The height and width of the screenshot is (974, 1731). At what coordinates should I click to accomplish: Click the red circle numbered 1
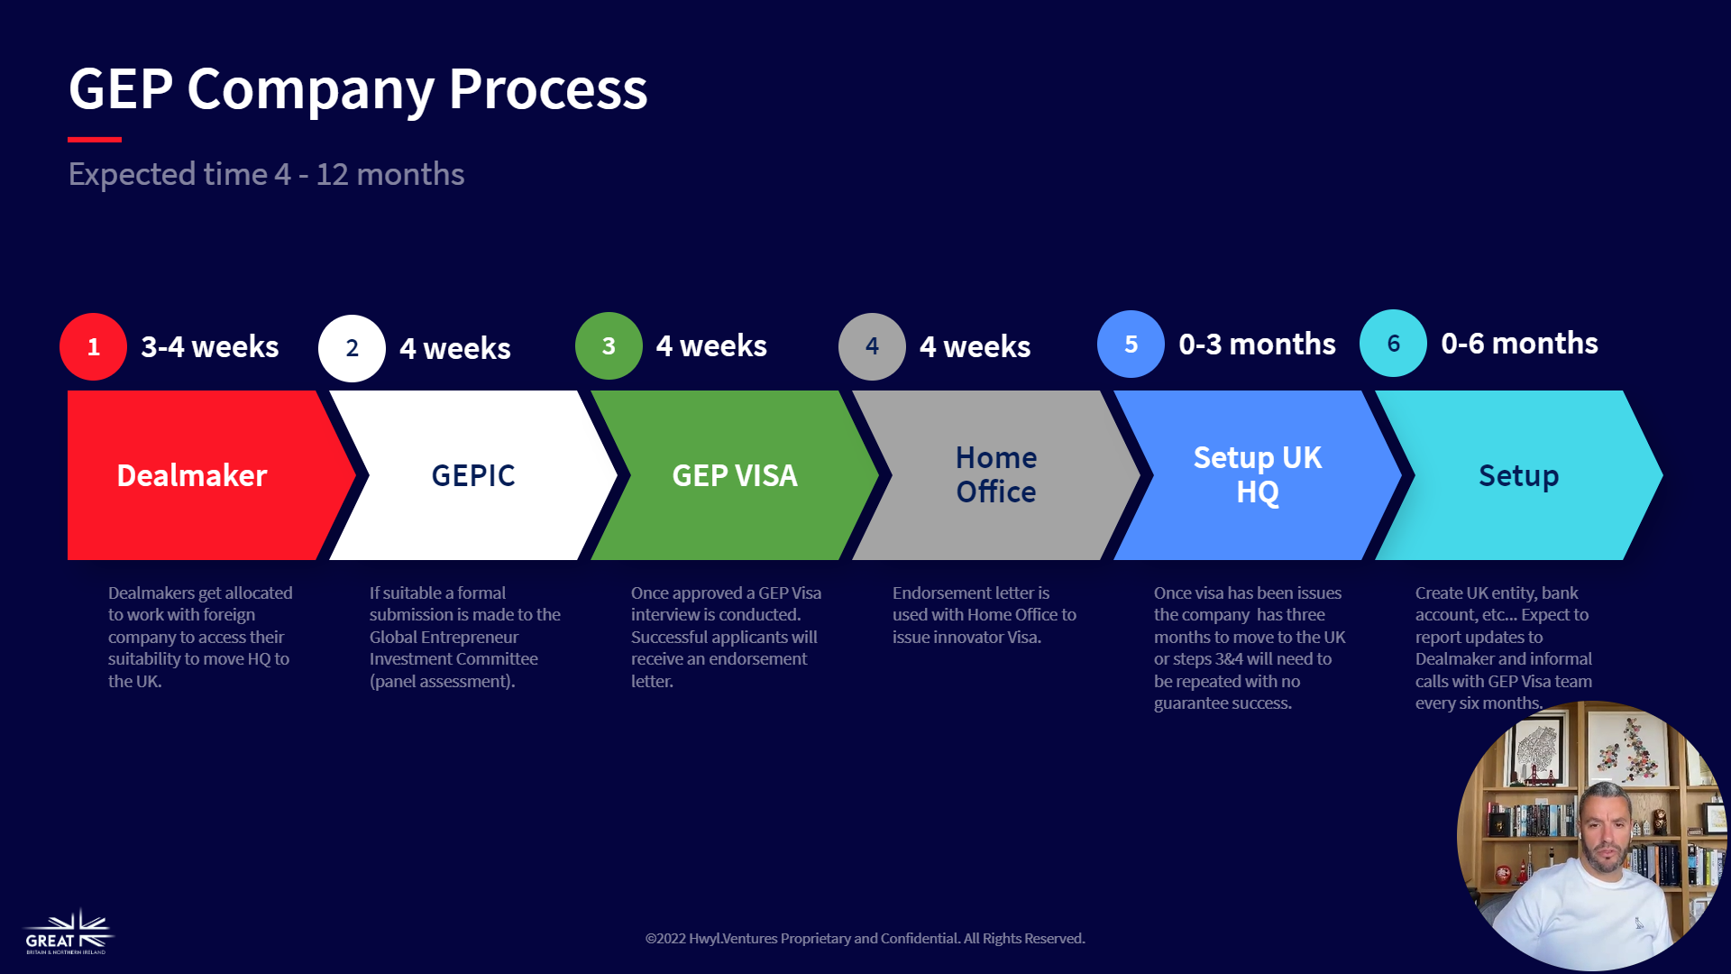93,347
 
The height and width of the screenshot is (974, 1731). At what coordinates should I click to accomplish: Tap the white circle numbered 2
352,348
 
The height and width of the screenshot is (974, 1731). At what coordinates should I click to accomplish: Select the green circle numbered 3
609,346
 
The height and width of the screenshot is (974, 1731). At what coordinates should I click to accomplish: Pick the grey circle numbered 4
872,346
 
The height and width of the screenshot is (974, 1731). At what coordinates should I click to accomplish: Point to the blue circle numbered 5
1131,344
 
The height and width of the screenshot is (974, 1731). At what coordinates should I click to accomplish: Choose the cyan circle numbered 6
1393,343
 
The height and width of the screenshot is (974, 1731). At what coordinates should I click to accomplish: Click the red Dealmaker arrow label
192,475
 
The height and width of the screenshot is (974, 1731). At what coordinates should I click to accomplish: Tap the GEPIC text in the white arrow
473,475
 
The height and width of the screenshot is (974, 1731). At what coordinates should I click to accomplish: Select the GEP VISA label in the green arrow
735,475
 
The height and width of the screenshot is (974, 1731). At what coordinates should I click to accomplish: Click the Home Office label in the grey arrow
996,474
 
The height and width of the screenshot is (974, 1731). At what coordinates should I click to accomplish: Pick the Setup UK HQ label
1258,474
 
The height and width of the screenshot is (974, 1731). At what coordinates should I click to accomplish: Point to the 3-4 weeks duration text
210,346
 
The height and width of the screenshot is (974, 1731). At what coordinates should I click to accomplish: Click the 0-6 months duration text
1519,343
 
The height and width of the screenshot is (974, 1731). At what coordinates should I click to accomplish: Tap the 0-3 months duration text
1257,344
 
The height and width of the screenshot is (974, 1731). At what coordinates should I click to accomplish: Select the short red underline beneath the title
95,140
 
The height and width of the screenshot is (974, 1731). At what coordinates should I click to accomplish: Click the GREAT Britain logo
69,933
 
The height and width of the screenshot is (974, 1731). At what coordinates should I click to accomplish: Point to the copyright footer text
865,938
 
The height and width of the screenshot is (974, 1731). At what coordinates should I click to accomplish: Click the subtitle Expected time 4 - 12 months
266,174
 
